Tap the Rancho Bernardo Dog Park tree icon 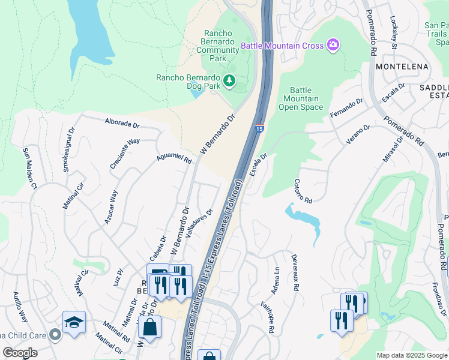(x=229, y=80)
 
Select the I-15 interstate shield (x=259, y=128)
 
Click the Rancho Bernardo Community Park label (x=221, y=46)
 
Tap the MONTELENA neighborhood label (x=401, y=68)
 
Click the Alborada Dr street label (x=122, y=125)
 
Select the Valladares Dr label (x=200, y=223)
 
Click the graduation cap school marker (x=74, y=322)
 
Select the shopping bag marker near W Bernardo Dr (x=149, y=328)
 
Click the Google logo (x=20, y=353)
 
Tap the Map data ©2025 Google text (x=411, y=355)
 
